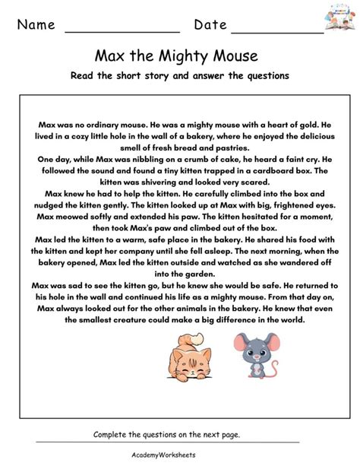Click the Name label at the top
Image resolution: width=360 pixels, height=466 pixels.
[36, 25]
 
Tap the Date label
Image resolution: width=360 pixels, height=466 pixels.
[210, 25]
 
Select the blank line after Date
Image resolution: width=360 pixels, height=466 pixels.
[277, 30]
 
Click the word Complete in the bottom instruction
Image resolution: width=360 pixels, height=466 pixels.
[112, 434]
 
